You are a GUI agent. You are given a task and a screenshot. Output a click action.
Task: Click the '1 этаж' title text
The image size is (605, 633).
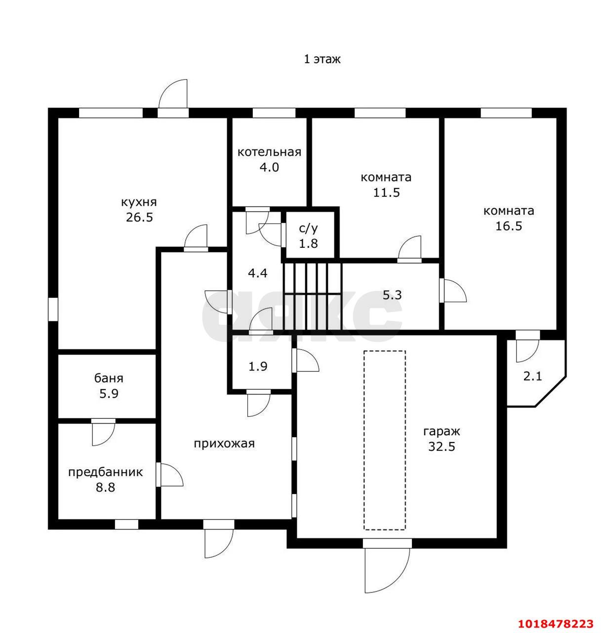pos(322,59)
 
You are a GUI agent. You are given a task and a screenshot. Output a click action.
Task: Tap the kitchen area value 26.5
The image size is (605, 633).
pos(139,217)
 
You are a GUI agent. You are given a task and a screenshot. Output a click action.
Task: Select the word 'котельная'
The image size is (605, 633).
pos(269,152)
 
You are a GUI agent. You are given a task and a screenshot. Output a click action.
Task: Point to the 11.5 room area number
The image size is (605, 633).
pos(386,192)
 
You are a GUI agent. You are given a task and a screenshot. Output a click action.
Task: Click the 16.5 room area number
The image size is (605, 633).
pos(509,226)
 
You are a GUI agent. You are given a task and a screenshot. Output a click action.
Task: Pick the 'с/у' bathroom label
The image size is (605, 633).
pos(308,228)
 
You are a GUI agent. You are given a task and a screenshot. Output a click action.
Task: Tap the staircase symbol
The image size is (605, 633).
pos(312,296)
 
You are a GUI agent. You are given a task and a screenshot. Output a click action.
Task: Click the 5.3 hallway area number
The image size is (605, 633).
pos(392,295)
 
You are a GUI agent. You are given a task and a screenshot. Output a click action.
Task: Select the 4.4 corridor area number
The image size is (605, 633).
pos(258,273)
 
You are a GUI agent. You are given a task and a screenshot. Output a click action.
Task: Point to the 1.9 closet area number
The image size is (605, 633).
pos(258,366)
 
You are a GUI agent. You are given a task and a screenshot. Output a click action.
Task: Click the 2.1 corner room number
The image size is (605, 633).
pos(532,377)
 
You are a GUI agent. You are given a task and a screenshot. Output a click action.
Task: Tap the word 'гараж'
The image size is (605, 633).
pos(442,432)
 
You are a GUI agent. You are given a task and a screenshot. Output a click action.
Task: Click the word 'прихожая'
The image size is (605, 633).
pos(224,444)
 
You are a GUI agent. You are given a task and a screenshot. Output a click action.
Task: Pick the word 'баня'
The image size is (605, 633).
pos(109,379)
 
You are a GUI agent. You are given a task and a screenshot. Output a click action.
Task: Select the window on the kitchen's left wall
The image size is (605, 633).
pos(53,309)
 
